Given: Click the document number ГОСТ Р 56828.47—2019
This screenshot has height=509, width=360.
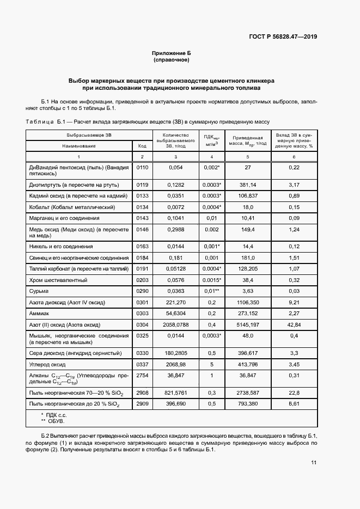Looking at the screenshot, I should tap(283, 37).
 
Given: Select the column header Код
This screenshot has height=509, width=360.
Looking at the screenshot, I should tap(142, 146).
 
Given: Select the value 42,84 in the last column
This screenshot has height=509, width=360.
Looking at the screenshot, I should tap(294, 325).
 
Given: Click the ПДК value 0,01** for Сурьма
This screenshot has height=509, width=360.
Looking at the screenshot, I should tap(211, 291).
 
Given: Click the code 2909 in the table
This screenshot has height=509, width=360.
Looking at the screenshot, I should tap(142, 404).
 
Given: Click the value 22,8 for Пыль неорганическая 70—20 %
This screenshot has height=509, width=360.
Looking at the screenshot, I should tap(294, 392).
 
